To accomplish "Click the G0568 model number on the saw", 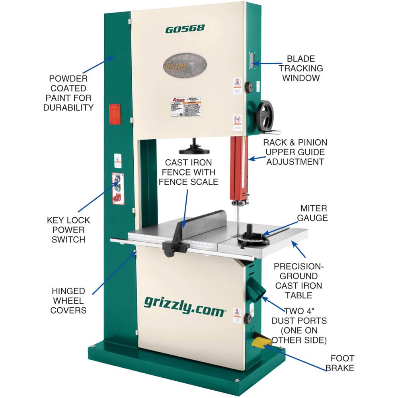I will click(x=185, y=28).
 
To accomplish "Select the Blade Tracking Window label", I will click(x=301, y=68).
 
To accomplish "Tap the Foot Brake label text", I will click(x=339, y=363).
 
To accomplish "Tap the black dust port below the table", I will click(x=257, y=288).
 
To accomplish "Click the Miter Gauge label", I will click(x=314, y=213).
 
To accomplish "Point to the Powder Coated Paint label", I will click(x=71, y=92).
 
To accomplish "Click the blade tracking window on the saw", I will click(x=251, y=60).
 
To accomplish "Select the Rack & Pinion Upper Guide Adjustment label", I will click(x=295, y=152).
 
